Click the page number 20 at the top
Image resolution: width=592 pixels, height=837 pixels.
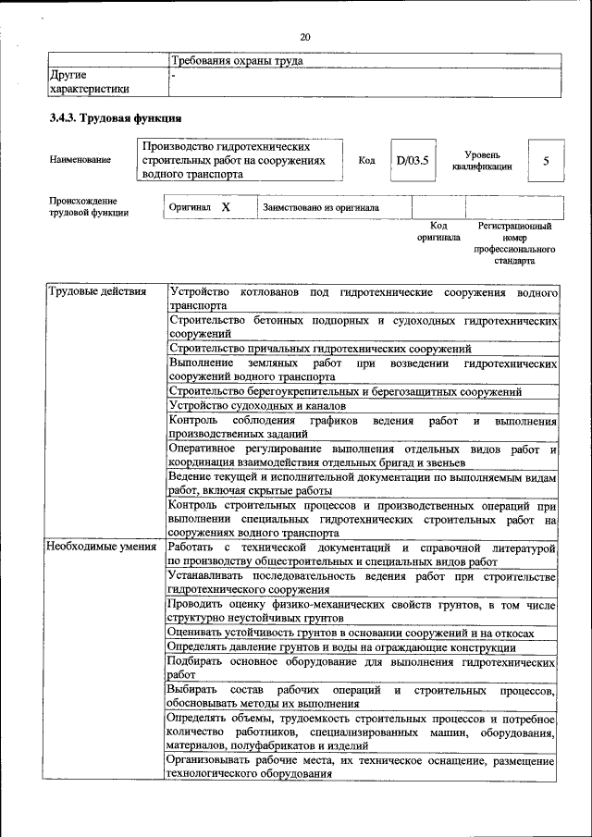coord(304,37)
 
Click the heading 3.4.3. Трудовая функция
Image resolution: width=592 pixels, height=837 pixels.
coord(116,118)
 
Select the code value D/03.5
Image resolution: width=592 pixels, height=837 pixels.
coord(412,160)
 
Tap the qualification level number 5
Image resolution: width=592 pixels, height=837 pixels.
coord(546,161)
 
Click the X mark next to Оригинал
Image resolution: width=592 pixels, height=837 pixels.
coord(226,207)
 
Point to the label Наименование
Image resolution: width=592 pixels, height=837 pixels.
coord(80,160)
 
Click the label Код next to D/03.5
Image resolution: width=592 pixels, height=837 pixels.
coord(366,160)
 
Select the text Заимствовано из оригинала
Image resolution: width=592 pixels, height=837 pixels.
coord(321,207)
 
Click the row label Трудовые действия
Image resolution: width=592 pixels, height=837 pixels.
coord(97,292)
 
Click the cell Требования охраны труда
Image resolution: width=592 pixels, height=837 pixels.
coord(237,61)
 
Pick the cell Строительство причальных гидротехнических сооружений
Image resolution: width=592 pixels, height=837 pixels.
coord(320,349)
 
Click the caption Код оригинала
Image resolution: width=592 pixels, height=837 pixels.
coord(438,231)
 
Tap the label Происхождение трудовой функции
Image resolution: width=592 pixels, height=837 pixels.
coord(89,207)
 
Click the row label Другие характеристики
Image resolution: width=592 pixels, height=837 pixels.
coord(89,81)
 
